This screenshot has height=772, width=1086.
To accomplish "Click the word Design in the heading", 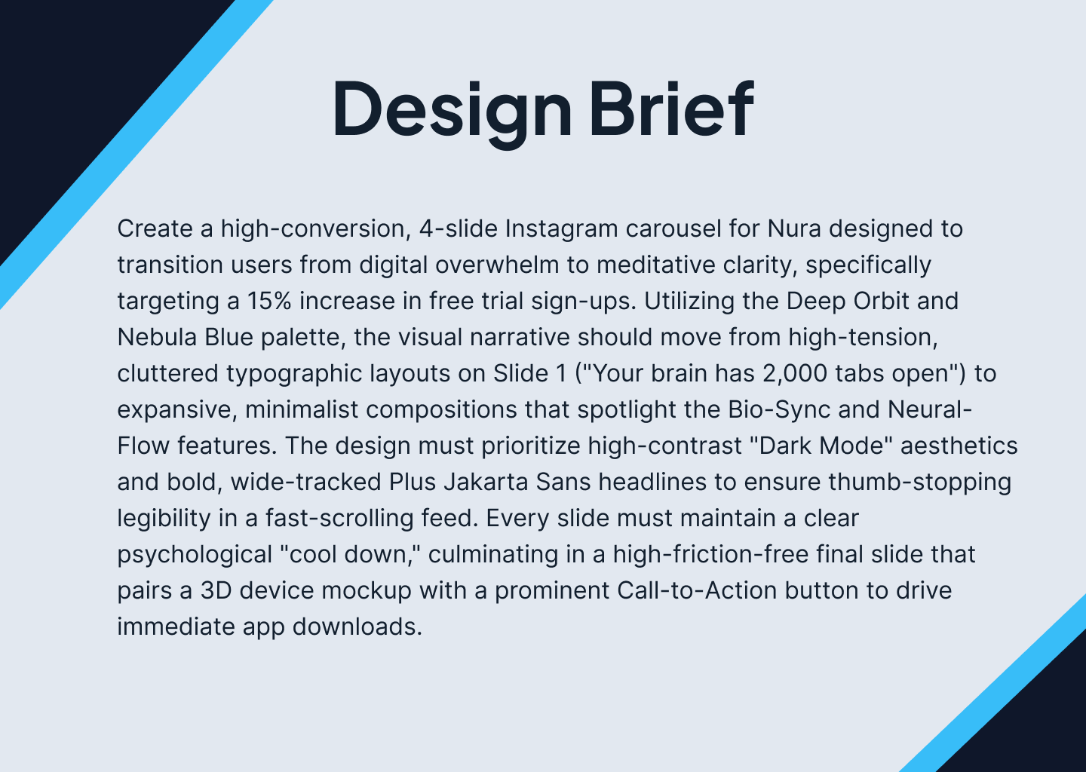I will coord(451,107).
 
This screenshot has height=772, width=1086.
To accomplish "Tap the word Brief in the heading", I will coord(670,107).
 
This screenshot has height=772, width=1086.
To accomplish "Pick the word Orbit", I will coord(881,301).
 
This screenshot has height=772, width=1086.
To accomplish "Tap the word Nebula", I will coord(157,337).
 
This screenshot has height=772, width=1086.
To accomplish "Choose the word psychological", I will coord(194,554).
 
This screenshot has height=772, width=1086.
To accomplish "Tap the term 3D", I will coord(216,590).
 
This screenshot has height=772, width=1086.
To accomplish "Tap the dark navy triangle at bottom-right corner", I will coord(1048,724).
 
